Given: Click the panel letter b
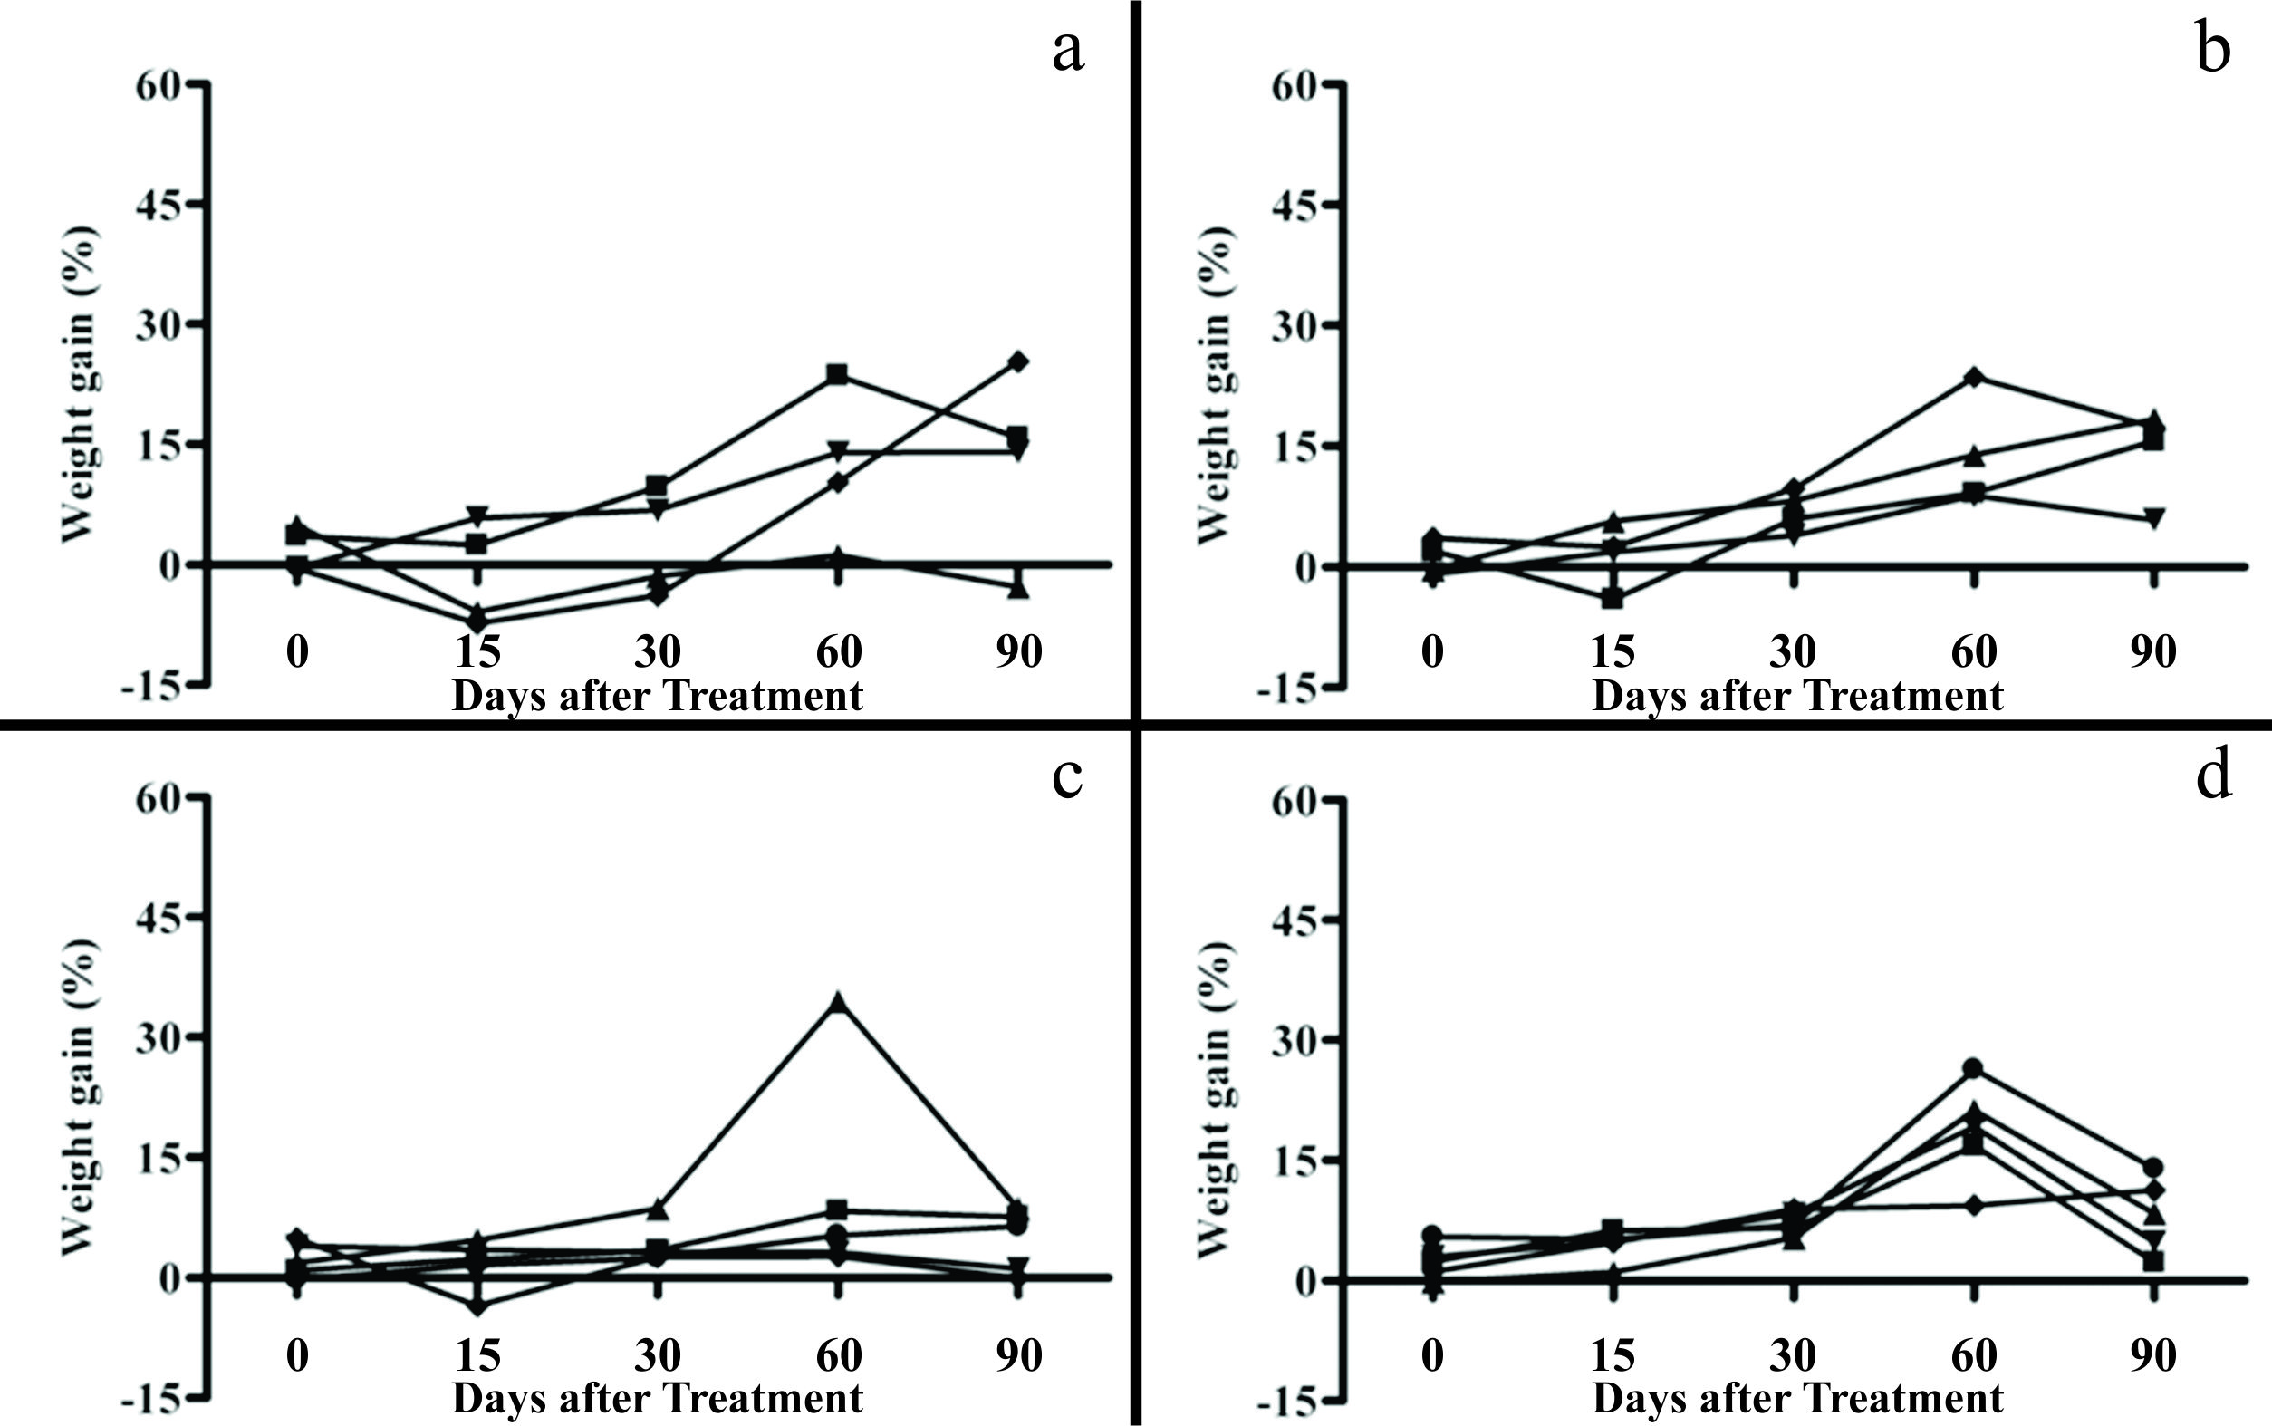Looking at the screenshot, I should (2212, 50).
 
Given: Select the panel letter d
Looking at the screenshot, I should (2212, 776).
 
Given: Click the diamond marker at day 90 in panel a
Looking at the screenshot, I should (1018, 361).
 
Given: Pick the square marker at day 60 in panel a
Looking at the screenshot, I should (837, 374).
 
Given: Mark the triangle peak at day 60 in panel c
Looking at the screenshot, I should (838, 1003).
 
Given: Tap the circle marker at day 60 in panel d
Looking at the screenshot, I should (1972, 1068).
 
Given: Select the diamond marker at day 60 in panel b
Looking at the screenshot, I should (1973, 377).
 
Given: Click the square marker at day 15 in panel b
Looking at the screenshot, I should (1613, 598).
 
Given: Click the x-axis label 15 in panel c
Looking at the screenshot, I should (478, 1355).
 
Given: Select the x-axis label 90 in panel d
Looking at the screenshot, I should (2153, 1355).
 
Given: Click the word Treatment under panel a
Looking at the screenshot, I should (764, 697).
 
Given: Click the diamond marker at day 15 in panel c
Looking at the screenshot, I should (478, 1306).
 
